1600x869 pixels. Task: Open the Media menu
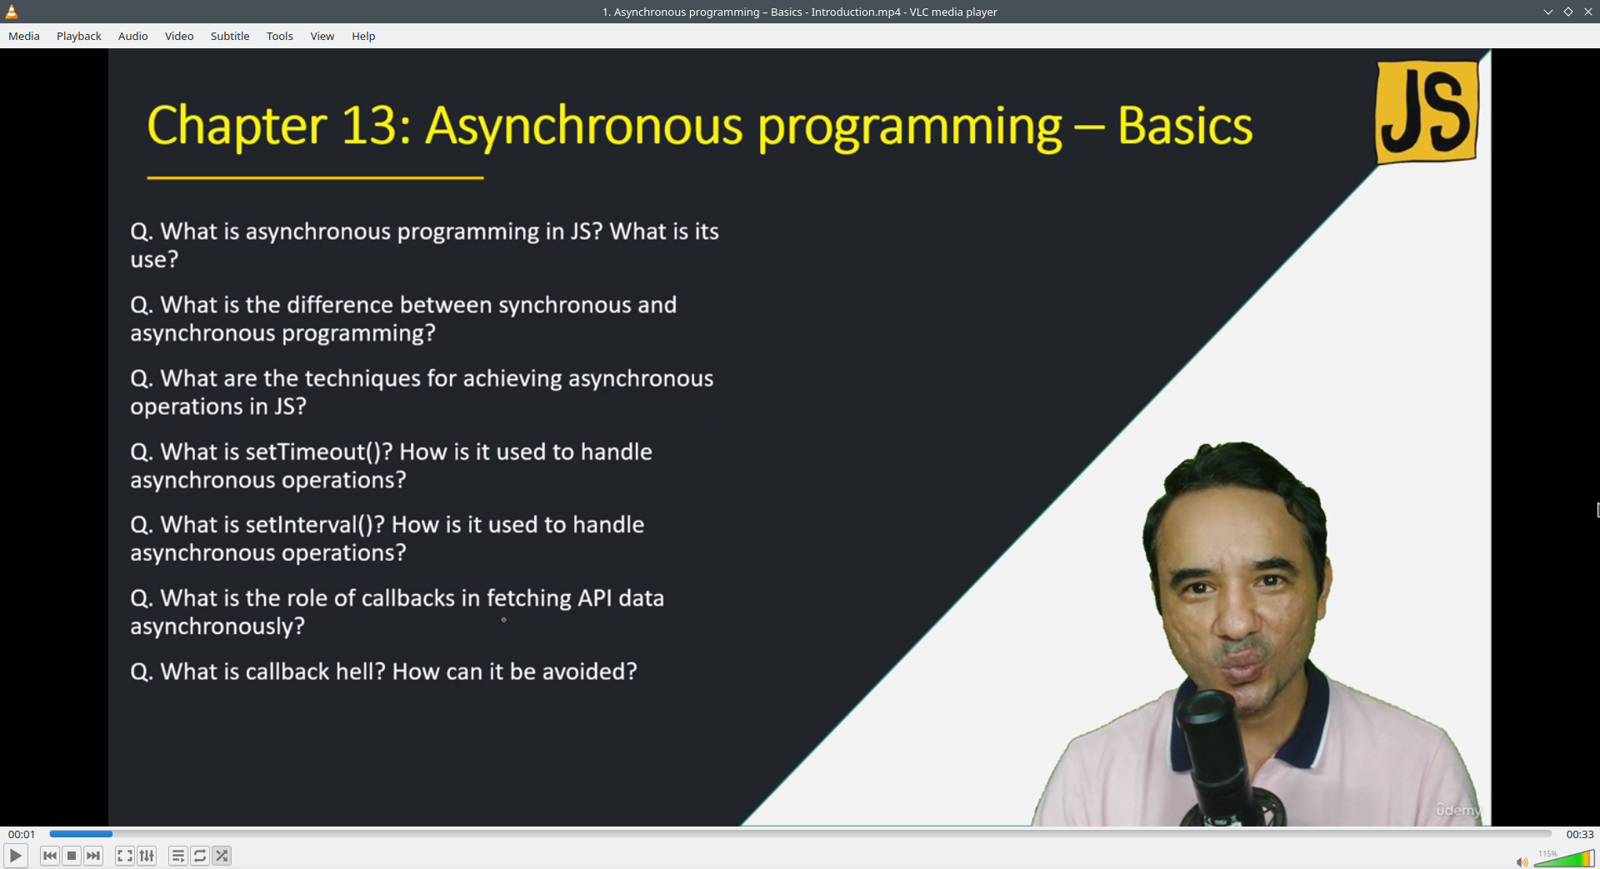[24, 36]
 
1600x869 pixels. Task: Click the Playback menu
[79, 36]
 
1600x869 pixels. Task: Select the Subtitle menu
[230, 36]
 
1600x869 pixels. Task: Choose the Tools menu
[280, 36]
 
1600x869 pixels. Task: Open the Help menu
[363, 36]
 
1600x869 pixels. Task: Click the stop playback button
[72, 856]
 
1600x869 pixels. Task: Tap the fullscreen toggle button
[124, 856]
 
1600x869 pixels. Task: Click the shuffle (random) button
[222, 856]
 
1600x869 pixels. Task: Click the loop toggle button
[200, 856]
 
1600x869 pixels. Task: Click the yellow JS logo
[1427, 112]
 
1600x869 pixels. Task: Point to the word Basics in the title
[1185, 126]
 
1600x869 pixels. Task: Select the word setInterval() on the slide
[315, 525]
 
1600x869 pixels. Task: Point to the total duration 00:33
[1579, 834]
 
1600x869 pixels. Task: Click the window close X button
[1588, 12]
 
